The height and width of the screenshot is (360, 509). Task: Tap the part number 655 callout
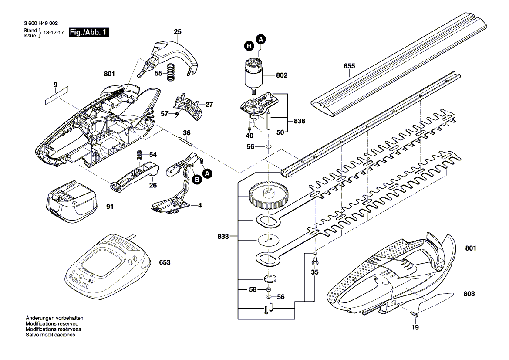pyautogui.click(x=349, y=66)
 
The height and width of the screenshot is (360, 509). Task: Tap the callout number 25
pyautogui.click(x=178, y=32)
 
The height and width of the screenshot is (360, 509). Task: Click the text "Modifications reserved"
pyautogui.click(x=52, y=324)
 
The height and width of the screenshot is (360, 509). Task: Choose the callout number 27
pyautogui.click(x=209, y=105)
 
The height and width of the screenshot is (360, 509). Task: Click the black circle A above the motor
pyautogui.click(x=261, y=38)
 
